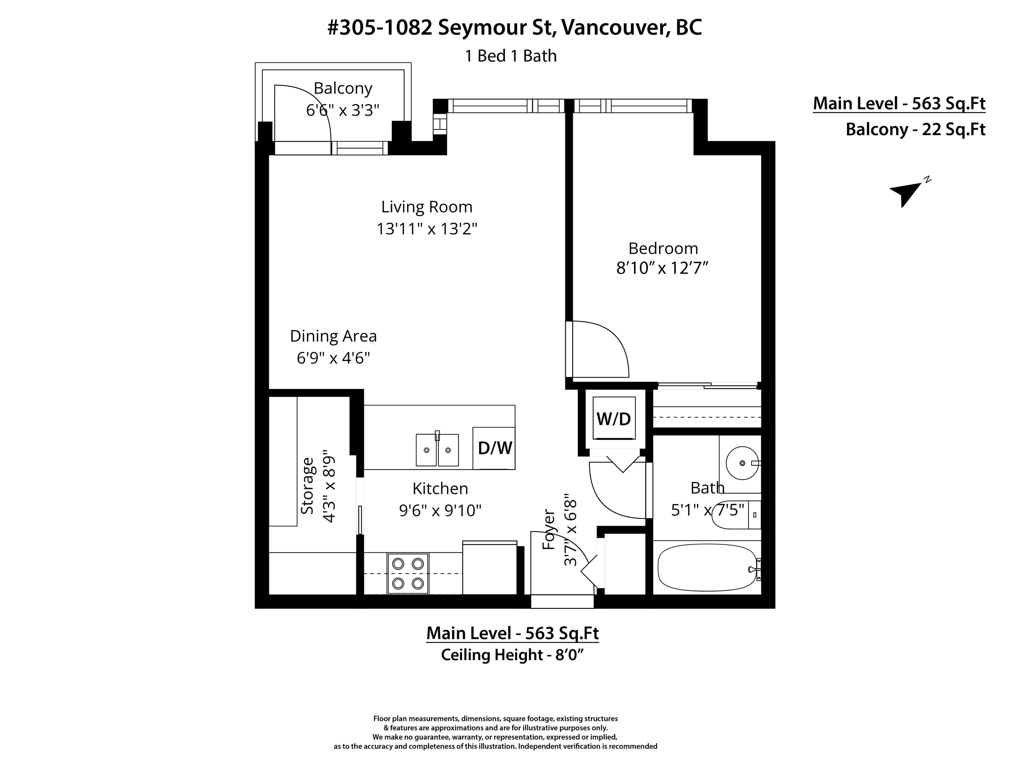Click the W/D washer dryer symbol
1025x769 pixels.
614,419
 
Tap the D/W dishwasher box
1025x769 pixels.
494,448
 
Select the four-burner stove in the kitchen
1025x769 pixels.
408,573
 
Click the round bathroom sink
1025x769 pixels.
742,463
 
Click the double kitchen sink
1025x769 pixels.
437,450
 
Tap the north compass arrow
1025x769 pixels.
906,194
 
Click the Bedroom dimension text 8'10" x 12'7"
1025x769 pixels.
663,268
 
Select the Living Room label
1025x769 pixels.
427,207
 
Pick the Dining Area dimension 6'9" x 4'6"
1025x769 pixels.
333,358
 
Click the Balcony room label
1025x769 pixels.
343,88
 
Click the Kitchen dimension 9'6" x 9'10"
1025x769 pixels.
440,510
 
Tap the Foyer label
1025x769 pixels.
549,530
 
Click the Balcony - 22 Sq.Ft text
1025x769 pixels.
916,129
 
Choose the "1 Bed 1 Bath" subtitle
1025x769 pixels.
510,56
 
